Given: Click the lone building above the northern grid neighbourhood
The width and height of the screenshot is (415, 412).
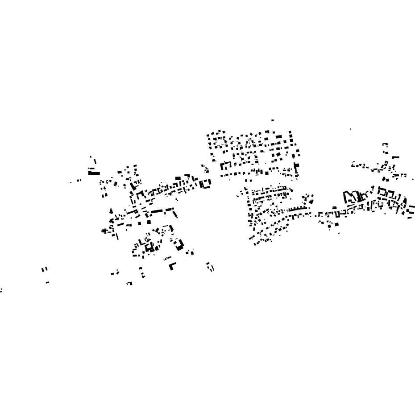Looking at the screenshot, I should click(x=273, y=120).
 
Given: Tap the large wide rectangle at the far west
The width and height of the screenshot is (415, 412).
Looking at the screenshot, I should click(x=94, y=173).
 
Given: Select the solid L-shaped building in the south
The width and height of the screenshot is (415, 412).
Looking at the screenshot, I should click(x=172, y=266).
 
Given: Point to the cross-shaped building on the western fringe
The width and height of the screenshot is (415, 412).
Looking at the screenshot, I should click(x=104, y=231).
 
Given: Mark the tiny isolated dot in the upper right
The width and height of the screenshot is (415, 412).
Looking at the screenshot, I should click(x=350, y=129).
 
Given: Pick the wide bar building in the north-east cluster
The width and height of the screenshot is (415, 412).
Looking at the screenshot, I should click(x=395, y=157).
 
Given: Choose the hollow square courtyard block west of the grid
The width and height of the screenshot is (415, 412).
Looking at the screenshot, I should click(x=205, y=184).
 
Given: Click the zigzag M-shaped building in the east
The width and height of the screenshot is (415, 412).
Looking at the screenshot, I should click(x=351, y=197).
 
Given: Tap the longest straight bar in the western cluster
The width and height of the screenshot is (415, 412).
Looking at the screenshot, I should click(x=157, y=211).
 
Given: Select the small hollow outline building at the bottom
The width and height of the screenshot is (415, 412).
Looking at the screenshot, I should click(x=129, y=283).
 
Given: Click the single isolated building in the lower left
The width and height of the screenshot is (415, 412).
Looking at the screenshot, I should click(x=47, y=282).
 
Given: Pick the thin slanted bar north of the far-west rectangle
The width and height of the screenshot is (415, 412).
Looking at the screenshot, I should click(x=95, y=161).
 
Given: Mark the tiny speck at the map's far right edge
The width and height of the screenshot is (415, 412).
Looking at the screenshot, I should click(x=413, y=179).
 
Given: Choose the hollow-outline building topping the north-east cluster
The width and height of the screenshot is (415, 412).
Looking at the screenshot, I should click(x=385, y=145).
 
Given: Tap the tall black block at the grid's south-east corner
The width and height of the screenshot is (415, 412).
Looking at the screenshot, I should click(x=296, y=168).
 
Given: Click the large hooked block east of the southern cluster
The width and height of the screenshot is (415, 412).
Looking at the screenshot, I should click(x=179, y=244).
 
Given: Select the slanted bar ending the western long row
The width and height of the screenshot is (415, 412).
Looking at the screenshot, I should click(x=175, y=214).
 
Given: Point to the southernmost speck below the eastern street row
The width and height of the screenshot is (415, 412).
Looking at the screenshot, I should click(x=339, y=233).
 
